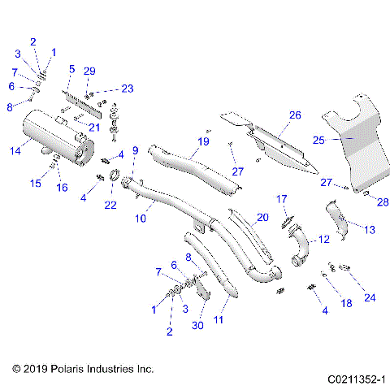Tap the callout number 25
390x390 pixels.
point(318,140)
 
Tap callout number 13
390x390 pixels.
point(370,230)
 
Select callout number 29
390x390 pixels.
point(89,71)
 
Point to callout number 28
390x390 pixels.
point(382,201)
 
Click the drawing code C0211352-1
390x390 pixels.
point(351,378)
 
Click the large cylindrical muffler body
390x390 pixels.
point(49,134)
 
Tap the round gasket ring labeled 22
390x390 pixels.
point(115,175)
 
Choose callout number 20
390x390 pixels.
point(261,217)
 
